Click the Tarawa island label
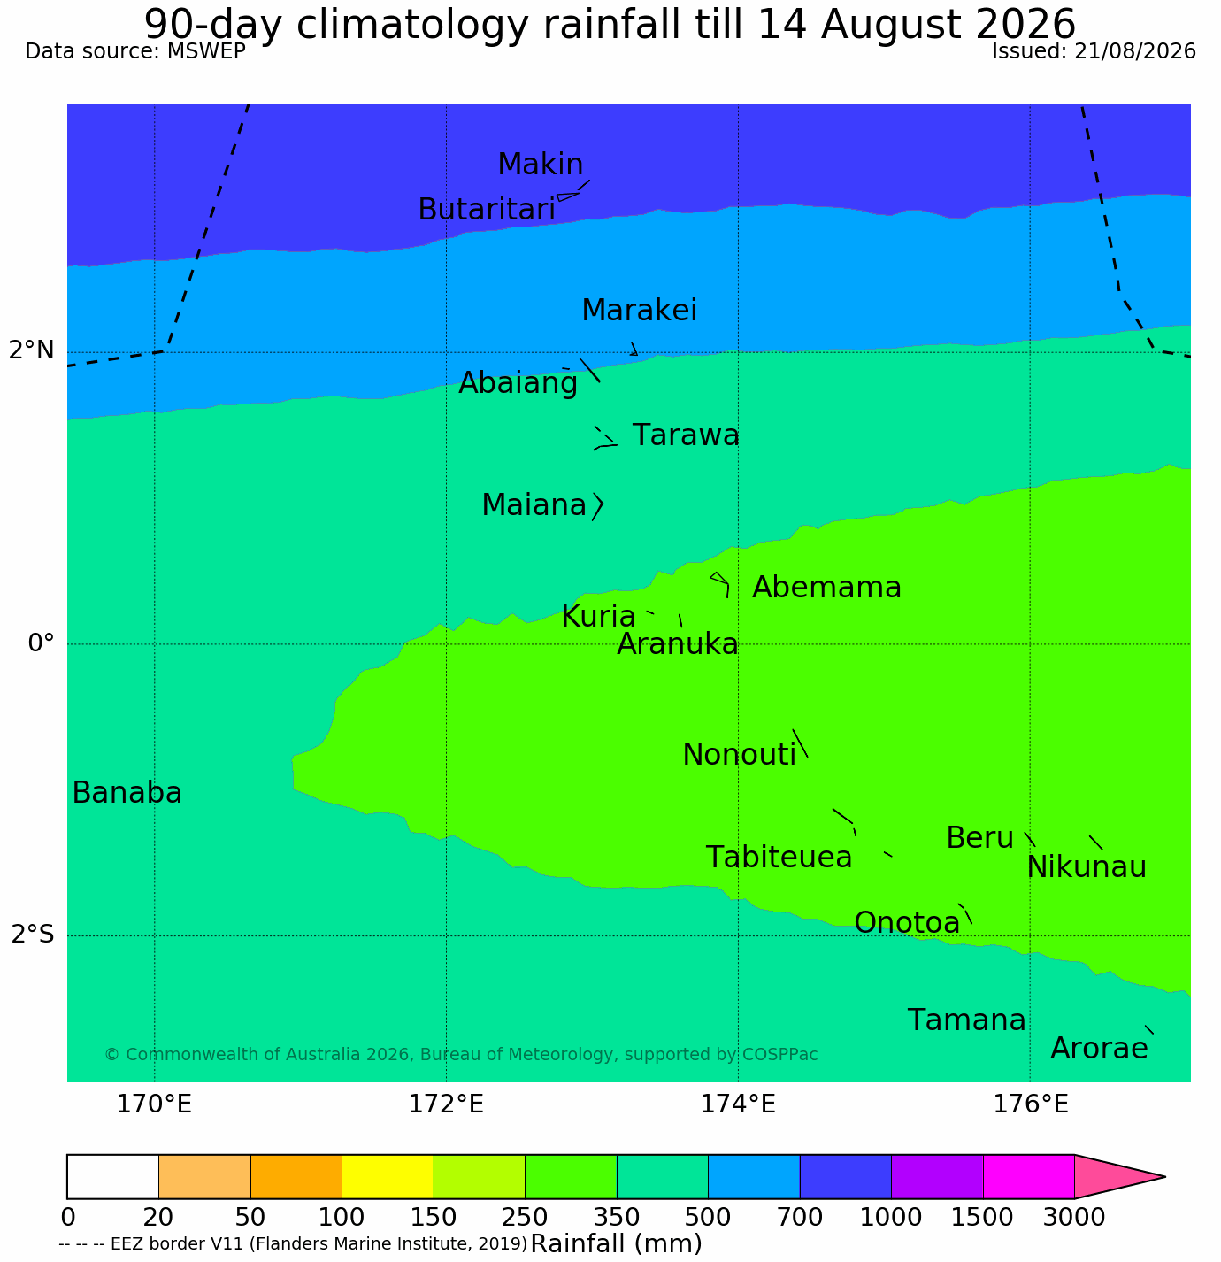[x=686, y=435]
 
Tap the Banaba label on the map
[x=127, y=793]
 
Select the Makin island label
[x=540, y=164]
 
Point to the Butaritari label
[x=487, y=210]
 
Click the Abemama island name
[x=826, y=588]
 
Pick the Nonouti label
[x=739, y=755]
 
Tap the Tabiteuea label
[x=779, y=858]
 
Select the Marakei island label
[x=640, y=310]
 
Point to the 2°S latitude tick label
[x=33, y=935]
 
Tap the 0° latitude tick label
[x=41, y=643]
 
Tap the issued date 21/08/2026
[x=1135, y=51]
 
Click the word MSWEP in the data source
[x=206, y=51]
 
